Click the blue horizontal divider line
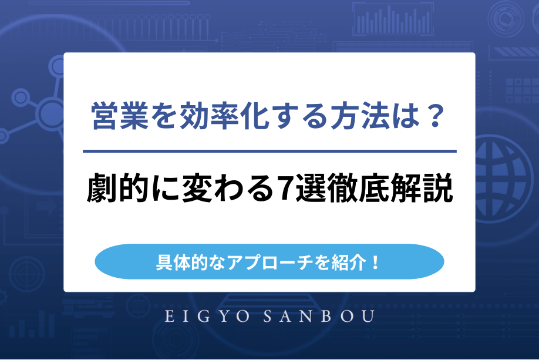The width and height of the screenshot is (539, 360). point(269,152)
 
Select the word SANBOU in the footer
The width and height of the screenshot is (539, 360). point(323,317)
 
